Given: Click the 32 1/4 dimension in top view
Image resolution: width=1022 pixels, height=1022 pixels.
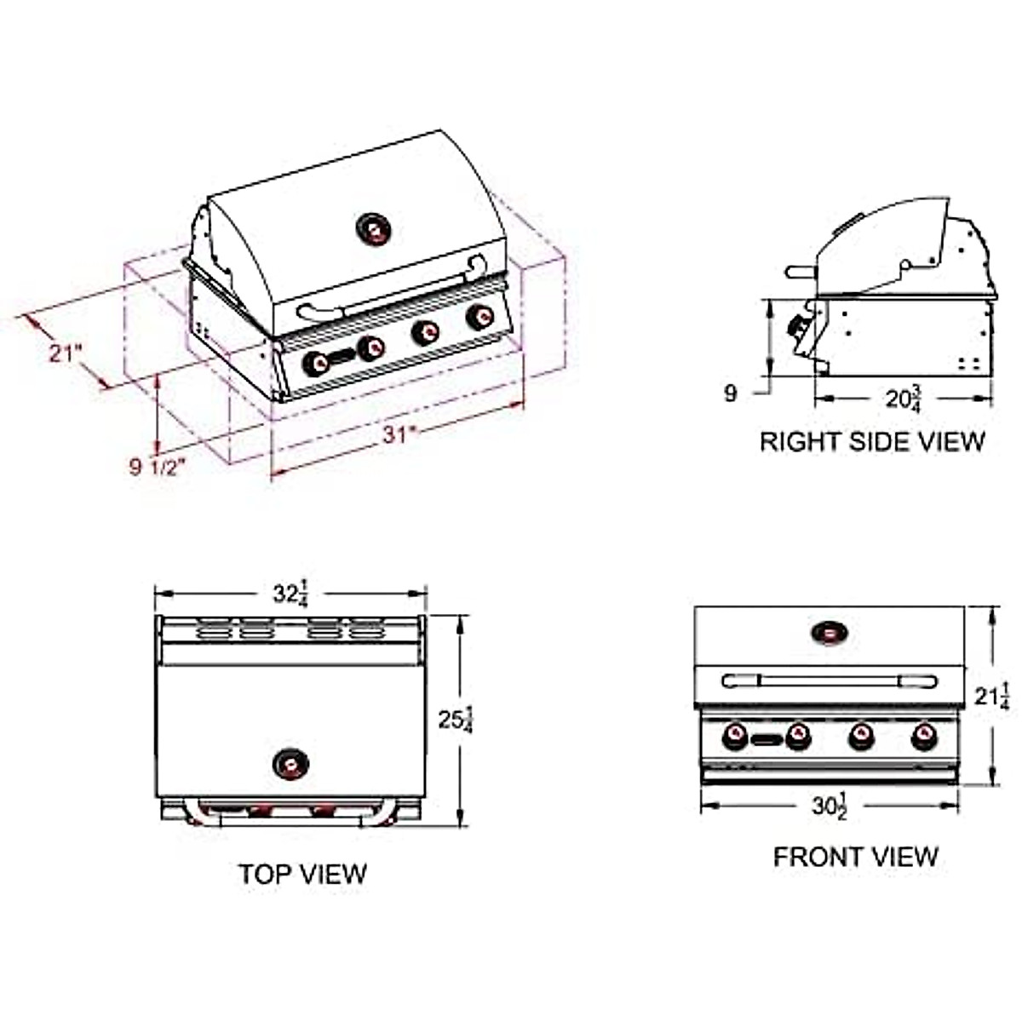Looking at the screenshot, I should coord(290,594).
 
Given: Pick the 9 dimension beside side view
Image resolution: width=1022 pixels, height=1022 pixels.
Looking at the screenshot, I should coord(730,393).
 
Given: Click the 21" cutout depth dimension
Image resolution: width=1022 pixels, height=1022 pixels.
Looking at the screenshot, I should coord(65,353).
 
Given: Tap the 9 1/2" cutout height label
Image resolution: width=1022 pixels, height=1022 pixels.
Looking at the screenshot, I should coord(157,467).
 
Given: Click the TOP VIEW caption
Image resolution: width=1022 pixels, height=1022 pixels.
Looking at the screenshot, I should coord(302,874).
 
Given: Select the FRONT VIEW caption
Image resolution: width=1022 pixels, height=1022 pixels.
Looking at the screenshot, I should coord(855,857).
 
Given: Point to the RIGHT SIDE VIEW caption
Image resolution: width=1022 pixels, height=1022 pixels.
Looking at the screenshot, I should coord(871,441).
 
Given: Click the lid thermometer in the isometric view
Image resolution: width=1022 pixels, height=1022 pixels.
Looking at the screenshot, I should coord(373,229).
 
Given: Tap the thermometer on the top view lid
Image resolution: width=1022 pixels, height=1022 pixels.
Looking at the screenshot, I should coord(290,763).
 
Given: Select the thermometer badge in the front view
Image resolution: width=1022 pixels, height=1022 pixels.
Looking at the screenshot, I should coord(829,633).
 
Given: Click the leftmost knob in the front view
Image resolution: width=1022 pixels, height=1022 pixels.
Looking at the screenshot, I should coord(735,736).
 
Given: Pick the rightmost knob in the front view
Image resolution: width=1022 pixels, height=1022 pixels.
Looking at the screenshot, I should coord(924,736).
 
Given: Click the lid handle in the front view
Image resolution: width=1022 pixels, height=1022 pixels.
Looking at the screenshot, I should coord(829,680).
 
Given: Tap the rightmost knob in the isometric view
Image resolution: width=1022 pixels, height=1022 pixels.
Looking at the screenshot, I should coord(479,318).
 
